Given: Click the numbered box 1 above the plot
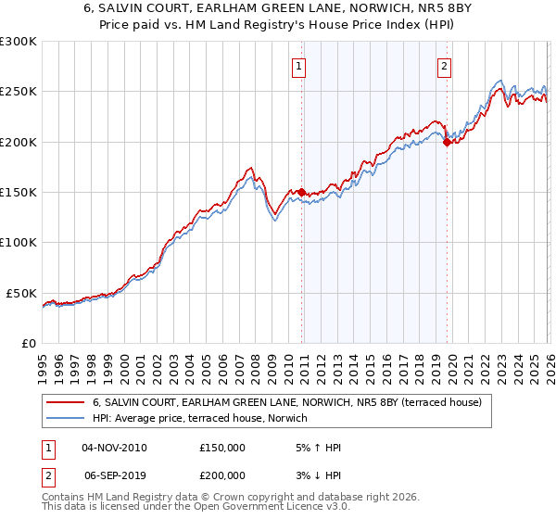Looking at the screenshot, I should [300, 66].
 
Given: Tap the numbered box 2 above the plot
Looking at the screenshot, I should [445, 66].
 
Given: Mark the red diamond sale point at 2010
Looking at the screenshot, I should [301, 192].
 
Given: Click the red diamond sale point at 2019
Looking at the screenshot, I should [447, 142].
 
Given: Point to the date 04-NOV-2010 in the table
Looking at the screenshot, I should [114, 448].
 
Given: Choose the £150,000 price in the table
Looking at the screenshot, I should [222, 448].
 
